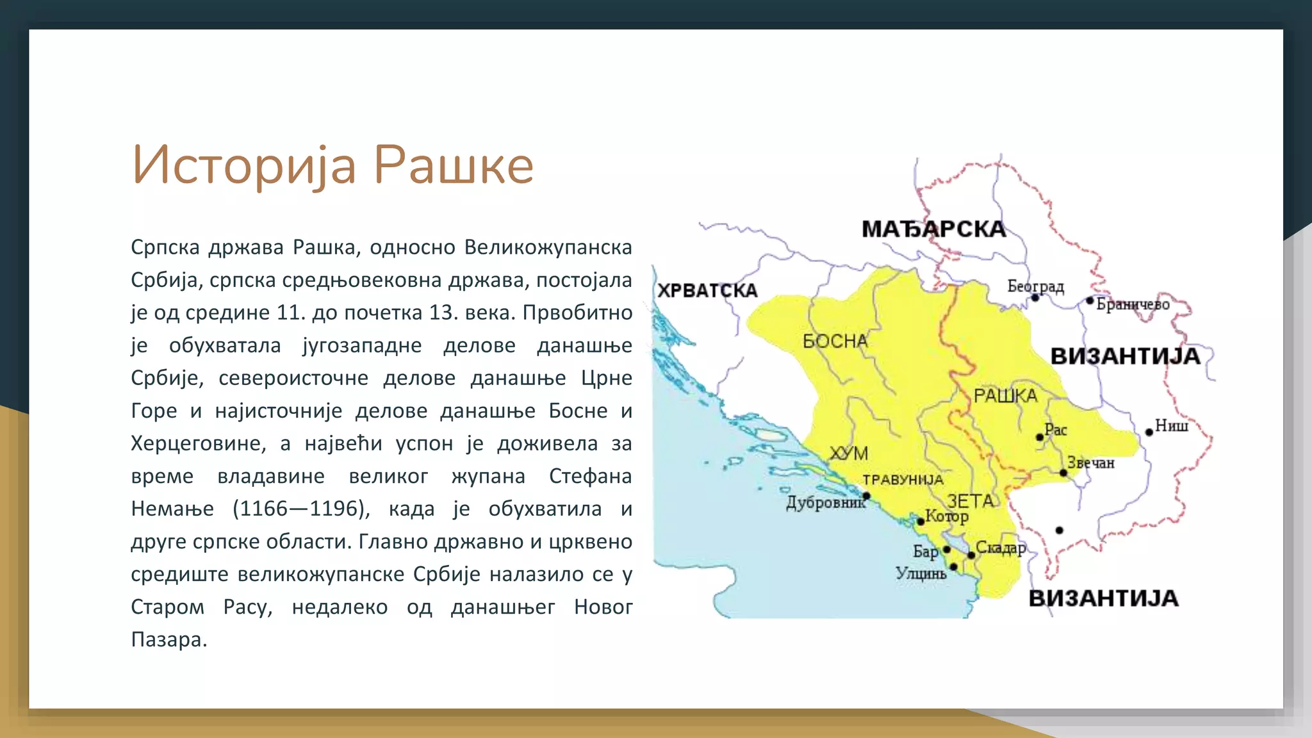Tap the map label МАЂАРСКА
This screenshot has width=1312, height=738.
pyautogui.click(x=933, y=229)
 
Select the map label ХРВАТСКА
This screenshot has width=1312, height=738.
pyautogui.click(x=707, y=291)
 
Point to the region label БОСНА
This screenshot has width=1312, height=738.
pyautogui.click(x=835, y=341)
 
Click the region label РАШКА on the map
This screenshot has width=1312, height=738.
pyautogui.click(x=1005, y=396)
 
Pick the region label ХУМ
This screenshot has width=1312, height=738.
pyautogui.click(x=849, y=454)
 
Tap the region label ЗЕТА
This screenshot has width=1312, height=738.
pyautogui.click(x=971, y=501)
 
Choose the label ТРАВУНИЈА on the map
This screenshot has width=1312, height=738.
pyautogui.click(x=903, y=480)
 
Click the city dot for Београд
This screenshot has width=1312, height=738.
pyautogui.click(x=1035, y=298)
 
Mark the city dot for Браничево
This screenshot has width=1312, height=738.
pyautogui.click(x=1090, y=300)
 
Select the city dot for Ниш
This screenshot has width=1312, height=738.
pyautogui.click(x=1149, y=432)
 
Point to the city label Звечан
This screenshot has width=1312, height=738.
pyautogui.click(x=1091, y=463)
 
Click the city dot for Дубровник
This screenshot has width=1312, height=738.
pyautogui.click(x=866, y=496)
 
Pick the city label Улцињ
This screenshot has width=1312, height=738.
pyautogui.click(x=921, y=573)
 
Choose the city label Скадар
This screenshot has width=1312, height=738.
pyautogui.click(x=1001, y=548)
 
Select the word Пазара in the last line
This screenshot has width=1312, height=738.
pyautogui.click(x=168, y=639)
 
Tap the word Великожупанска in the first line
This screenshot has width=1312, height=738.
pyautogui.click(x=548, y=247)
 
